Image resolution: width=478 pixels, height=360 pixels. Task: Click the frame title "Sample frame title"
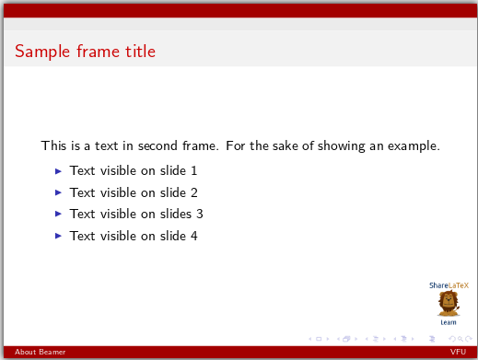point(85,52)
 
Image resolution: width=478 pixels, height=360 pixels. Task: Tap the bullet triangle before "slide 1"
point(59,170)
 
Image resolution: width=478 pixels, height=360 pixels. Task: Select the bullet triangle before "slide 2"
point(59,192)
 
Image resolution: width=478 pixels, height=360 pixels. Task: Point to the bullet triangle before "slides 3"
point(59,214)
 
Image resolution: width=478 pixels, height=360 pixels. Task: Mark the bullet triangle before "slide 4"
point(59,236)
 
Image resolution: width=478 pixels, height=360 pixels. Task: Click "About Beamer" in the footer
point(27,353)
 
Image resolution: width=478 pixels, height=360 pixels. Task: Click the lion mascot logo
point(449,304)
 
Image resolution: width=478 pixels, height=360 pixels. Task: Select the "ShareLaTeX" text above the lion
point(449,285)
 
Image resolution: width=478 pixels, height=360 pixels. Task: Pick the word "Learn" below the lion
point(449,322)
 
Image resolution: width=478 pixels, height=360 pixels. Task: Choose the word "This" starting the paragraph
point(52,145)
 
